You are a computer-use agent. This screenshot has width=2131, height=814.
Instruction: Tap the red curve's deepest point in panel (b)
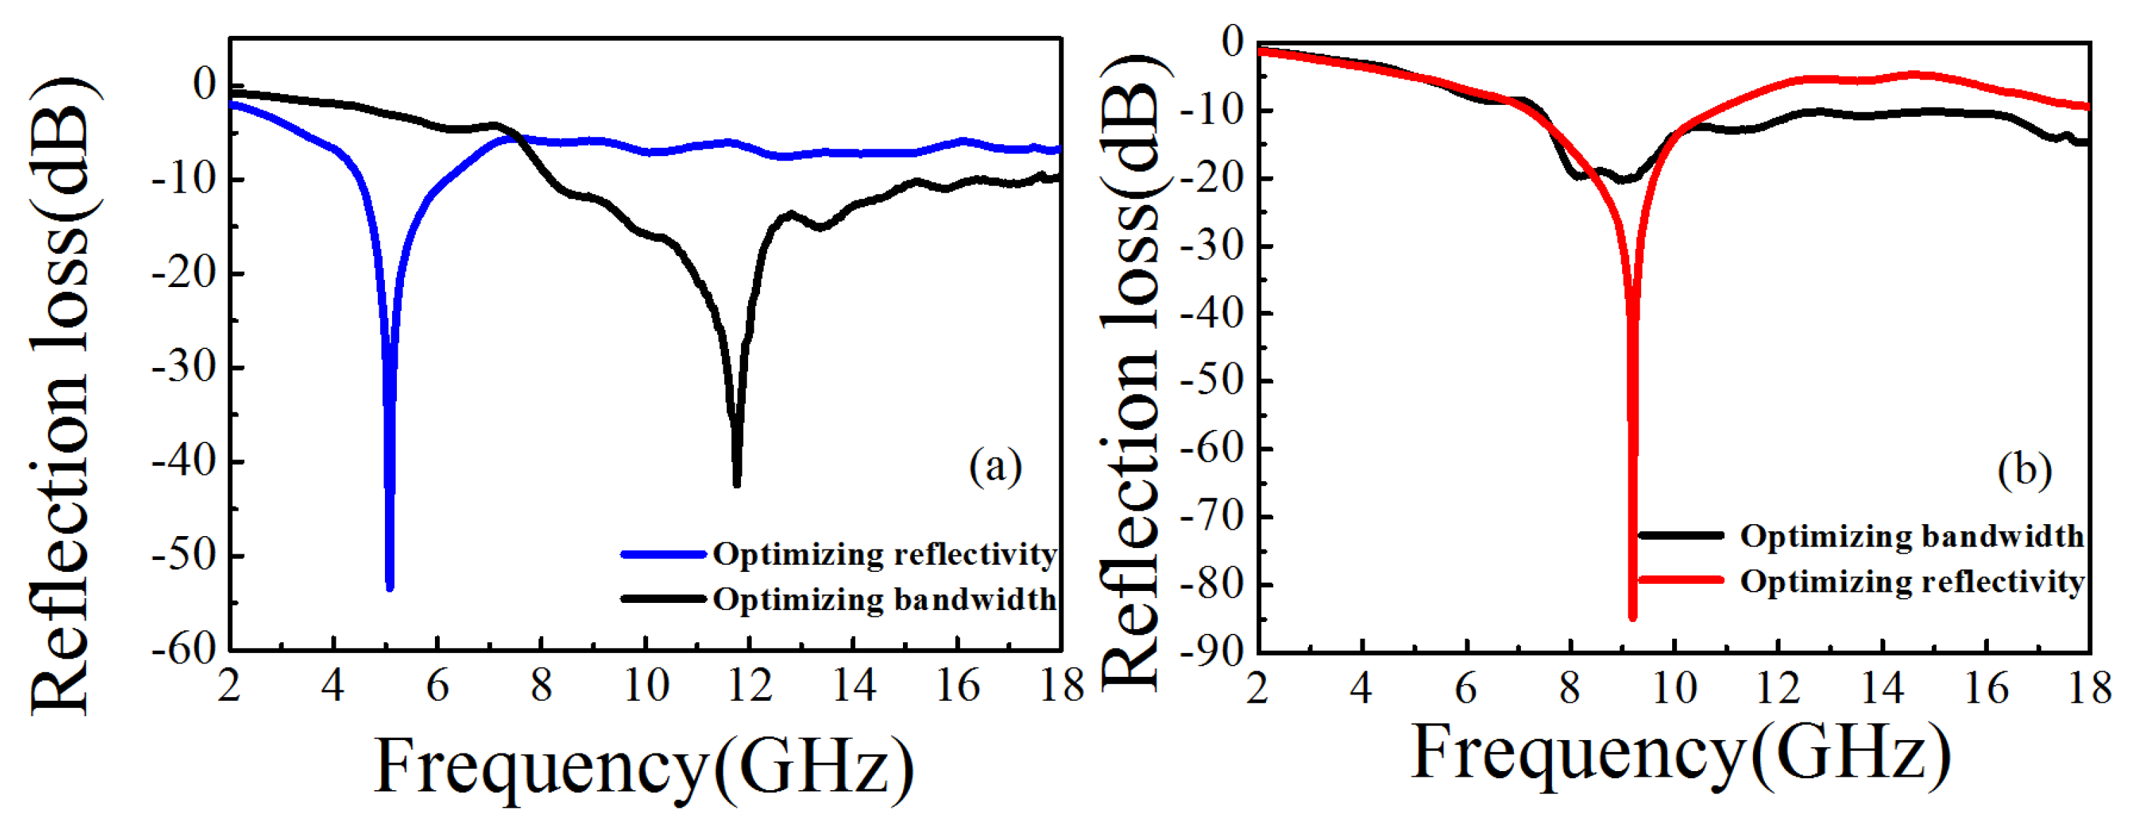1632,616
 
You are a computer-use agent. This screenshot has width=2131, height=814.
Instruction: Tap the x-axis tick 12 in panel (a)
749,686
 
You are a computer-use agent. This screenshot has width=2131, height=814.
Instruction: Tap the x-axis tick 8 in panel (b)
1569,687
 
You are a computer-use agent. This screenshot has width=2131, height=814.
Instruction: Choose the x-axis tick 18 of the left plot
1061,686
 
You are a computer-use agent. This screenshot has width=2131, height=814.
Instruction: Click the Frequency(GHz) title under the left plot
645,766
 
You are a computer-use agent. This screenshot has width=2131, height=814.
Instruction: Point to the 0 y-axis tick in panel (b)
1232,42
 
